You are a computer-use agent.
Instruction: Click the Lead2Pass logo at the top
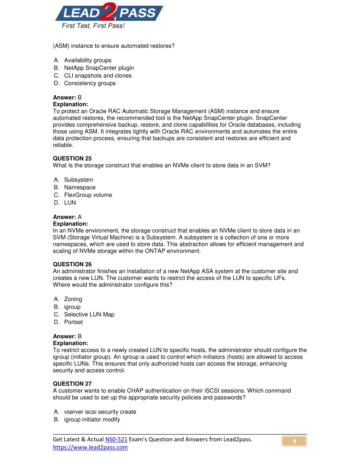(x=109, y=13)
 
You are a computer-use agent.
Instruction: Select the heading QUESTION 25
(x=72, y=159)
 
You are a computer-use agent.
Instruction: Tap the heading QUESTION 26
(x=72, y=264)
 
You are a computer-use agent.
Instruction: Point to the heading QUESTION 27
(x=72, y=384)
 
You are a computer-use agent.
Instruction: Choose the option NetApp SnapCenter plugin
(x=99, y=68)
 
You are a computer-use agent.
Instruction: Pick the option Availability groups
(x=88, y=60)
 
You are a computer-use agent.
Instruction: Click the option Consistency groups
(x=90, y=83)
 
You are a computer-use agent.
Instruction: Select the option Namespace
(x=79, y=187)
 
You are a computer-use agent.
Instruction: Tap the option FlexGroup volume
(x=88, y=195)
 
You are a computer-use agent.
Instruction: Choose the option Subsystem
(x=78, y=180)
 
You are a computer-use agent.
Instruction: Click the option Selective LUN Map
(x=89, y=314)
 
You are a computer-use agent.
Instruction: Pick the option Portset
(x=73, y=322)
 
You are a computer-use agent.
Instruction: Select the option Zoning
(x=73, y=299)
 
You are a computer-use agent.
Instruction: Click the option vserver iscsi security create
(x=100, y=412)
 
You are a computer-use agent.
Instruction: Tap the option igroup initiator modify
(x=92, y=420)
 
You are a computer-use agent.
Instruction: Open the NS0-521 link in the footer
(x=116, y=439)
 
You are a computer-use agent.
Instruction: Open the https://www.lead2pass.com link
(x=90, y=447)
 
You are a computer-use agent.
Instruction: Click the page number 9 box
(x=294, y=441)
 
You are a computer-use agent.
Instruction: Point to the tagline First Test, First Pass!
(x=93, y=26)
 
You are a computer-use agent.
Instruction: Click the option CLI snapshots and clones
(x=98, y=76)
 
